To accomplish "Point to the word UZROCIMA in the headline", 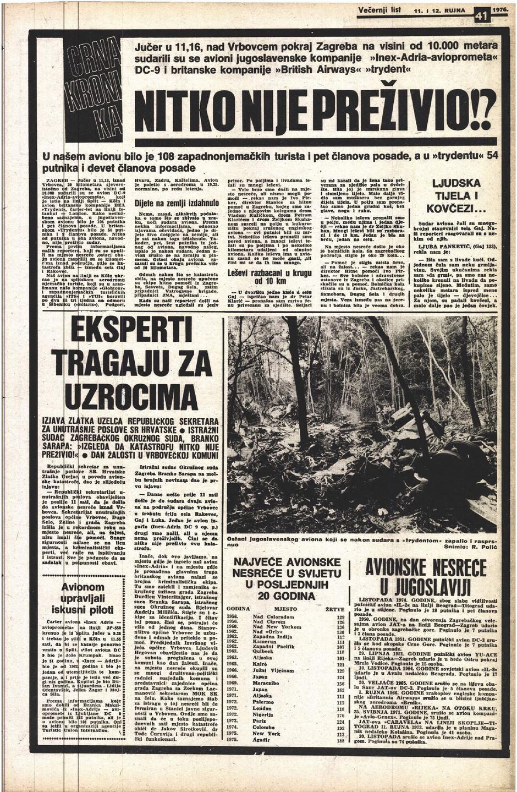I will [x=127, y=391].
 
